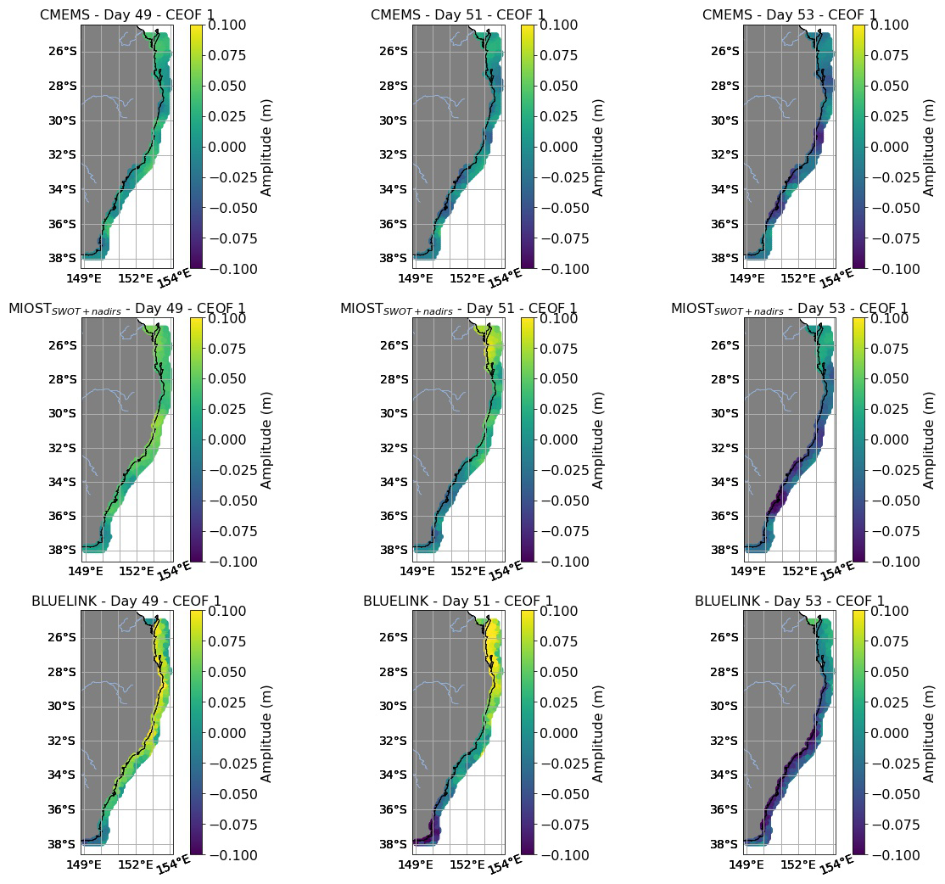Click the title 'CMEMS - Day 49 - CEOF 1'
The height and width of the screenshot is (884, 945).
point(127,15)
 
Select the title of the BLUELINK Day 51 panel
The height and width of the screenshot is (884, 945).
point(458,601)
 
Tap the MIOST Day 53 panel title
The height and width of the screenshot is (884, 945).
point(789,309)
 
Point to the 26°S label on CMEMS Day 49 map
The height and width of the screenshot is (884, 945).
point(63,51)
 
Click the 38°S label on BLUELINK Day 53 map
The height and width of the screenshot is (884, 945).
point(724,844)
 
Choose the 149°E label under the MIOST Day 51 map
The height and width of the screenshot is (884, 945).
point(416,569)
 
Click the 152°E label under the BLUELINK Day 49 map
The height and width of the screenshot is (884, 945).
point(136,864)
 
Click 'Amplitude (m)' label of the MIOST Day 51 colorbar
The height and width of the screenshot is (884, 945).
point(598,439)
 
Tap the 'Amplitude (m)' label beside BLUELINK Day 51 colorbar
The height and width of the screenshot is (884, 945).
point(598,733)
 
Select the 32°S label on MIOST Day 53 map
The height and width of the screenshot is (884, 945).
point(724,448)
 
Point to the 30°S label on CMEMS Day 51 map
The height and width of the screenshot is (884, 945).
point(394,120)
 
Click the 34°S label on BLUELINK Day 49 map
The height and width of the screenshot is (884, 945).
point(63,775)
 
